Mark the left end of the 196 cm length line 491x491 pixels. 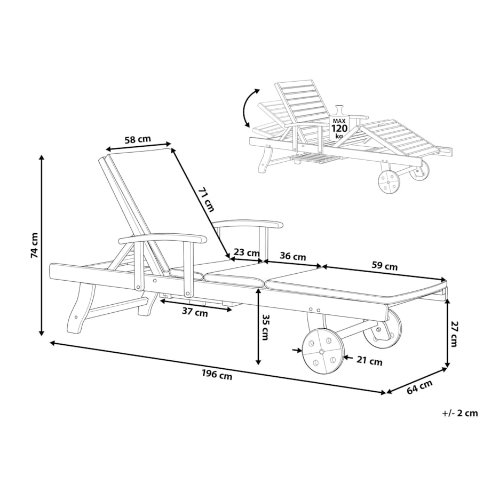51,342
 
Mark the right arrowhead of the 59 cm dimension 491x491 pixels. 445,280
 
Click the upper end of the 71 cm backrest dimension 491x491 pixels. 172,149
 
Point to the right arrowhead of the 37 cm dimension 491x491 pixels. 231,310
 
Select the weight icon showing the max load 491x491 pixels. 339,124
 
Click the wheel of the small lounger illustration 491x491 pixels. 390,182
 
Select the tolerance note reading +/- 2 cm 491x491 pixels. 460,413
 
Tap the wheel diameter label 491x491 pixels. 369,361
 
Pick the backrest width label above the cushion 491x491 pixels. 138,139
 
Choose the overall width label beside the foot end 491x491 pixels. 419,387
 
